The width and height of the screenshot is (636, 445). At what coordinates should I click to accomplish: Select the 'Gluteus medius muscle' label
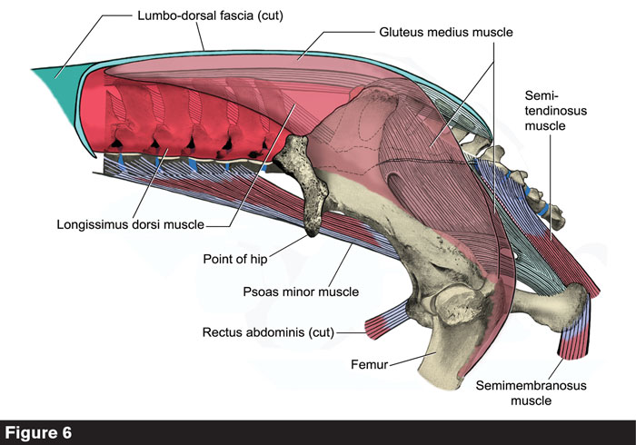445,33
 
